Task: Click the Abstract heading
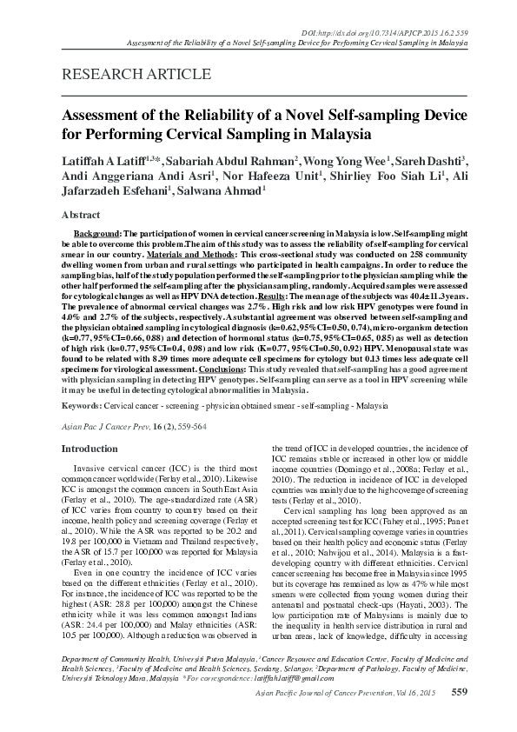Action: [81, 213]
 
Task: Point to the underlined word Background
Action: [96, 235]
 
